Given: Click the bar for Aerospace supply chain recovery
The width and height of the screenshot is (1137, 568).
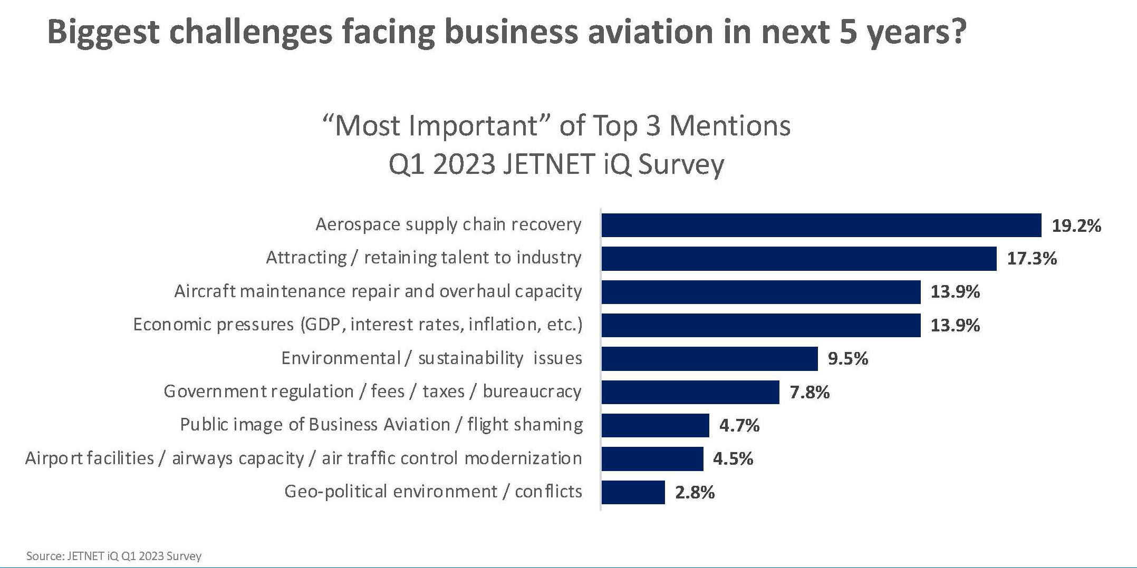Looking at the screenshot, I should coord(821,225).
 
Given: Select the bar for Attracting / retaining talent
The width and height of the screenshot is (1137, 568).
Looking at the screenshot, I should coord(799,258).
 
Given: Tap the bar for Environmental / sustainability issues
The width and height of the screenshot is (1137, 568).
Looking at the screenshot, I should coord(709,358).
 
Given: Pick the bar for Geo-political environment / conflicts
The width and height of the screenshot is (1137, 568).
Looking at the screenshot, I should coord(633,492).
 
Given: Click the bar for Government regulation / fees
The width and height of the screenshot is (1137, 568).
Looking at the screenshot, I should coord(690,392).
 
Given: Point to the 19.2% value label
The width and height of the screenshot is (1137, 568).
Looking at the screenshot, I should coord(1076,226).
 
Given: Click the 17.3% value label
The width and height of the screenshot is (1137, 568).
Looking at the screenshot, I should coord(1032,259).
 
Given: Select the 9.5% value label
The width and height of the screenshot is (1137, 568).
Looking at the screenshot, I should coord(847,359).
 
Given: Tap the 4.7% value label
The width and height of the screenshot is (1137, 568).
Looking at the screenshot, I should coord(739,426).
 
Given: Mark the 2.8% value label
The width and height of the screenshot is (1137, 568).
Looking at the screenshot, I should coord(695,493).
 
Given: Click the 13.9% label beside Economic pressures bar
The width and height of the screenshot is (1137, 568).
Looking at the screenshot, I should coord(955,326).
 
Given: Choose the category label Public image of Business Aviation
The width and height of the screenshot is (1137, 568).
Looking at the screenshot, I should coord(381,425).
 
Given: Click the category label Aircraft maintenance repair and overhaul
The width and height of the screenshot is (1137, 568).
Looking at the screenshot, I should coord(378,291).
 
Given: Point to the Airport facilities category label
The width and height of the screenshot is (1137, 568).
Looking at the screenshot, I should coord(303,458).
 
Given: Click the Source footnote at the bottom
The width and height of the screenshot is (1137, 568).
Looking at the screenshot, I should coord(113,556).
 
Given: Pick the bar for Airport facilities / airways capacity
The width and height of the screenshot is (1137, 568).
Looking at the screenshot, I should coord(652,459).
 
